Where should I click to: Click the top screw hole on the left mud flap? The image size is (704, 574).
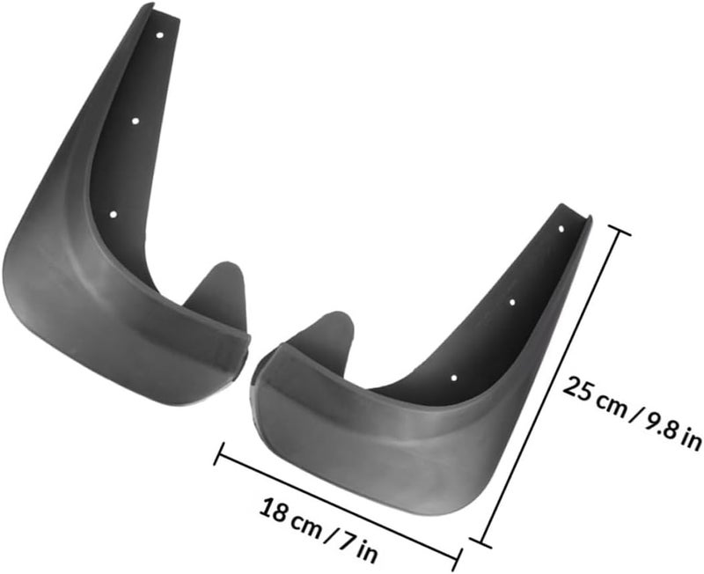[159, 34]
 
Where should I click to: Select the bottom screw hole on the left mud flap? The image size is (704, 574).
[114, 214]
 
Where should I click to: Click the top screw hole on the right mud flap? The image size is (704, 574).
[561, 229]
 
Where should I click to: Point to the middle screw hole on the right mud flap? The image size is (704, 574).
[513, 302]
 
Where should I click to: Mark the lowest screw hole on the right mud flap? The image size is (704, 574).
[454, 379]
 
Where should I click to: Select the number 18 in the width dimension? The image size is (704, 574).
[275, 510]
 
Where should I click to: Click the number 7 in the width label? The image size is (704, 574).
[344, 541]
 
